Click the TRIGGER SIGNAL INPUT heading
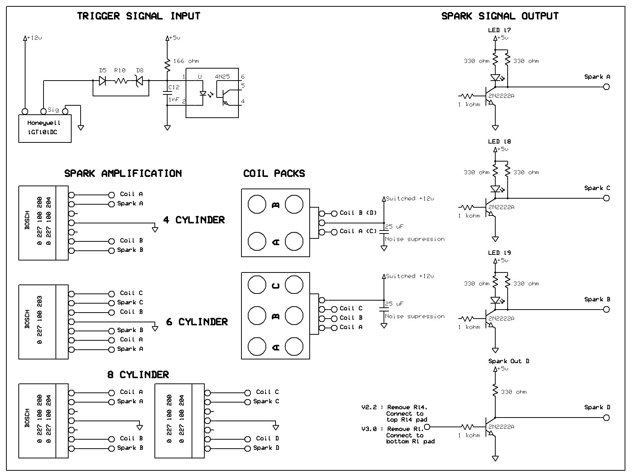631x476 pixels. pos(139,16)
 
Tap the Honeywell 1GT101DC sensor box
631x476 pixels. pos(45,129)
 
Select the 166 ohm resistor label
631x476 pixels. pos(186,61)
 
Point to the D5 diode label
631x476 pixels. pos(103,70)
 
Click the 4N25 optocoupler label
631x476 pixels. pos(222,77)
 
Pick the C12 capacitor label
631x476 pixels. pos(174,87)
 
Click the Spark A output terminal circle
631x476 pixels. pos(606,87)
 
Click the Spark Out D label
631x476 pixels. pos(509,361)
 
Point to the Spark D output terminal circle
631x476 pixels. pos(606,418)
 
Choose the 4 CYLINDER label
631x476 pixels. pos(194,220)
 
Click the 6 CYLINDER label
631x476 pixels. pos(197,322)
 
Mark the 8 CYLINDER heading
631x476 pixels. pos(138,375)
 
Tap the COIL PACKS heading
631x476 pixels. pos(274,174)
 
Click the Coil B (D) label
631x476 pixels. pos(358,213)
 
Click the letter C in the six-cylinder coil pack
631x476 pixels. pos(275,286)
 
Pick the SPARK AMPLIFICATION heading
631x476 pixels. pos(123,174)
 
